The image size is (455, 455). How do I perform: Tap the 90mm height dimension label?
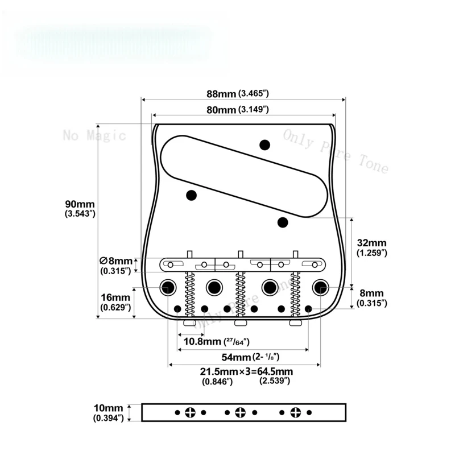coord(80,209)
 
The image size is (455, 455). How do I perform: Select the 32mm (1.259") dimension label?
coord(372,247)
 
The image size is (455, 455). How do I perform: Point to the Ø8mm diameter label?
coord(116,265)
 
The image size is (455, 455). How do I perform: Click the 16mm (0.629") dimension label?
coord(116,302)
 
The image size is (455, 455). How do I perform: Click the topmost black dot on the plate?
coord(264,144)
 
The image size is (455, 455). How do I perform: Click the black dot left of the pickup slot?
coord(191,196)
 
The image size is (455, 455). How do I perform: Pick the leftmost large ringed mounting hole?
coord(168,287)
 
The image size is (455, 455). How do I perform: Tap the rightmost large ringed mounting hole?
coord(321,287)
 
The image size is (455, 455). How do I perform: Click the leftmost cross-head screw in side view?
coord(191,412)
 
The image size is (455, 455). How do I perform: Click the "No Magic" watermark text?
coord(94,135)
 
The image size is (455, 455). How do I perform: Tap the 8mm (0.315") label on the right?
coord(372,298)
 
